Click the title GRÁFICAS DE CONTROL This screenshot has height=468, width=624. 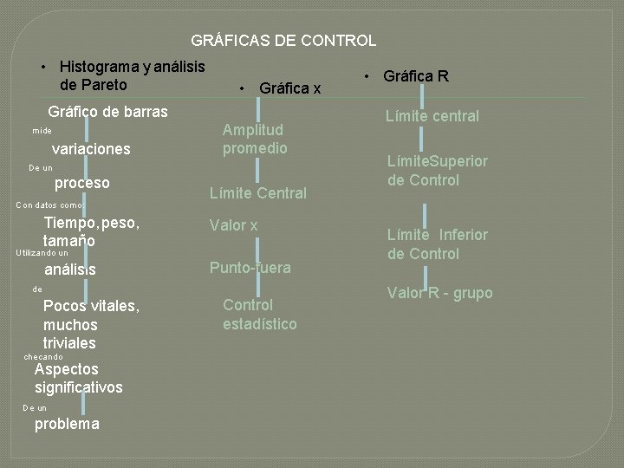coord(283,41)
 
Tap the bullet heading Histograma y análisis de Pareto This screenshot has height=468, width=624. coord(132,75)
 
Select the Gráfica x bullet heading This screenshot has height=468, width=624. coord(289,88)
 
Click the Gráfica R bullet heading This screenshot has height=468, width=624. coord(415,76)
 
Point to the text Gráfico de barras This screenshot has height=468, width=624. coord(108,112)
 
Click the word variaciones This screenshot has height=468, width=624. coord(91,149)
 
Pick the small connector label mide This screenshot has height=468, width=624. coord(42,131)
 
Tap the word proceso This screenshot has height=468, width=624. coord(82,183)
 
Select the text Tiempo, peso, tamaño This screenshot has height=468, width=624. coord(91,231)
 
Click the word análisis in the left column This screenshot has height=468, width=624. coord(70,270)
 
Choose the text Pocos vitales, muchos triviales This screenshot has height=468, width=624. coord(91,324)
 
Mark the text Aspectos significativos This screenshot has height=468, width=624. coord(78,378)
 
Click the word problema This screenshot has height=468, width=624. coord(67,424)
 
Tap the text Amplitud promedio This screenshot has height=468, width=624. coord(255,139)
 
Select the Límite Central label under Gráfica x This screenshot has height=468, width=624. coord(258,193)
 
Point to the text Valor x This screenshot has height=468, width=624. coord(234,225)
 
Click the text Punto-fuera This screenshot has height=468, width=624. coord(250,267)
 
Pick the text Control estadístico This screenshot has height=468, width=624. coord(259,315)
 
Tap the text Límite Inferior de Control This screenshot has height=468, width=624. coord(437,244)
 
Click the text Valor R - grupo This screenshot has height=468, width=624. coord(439,293)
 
